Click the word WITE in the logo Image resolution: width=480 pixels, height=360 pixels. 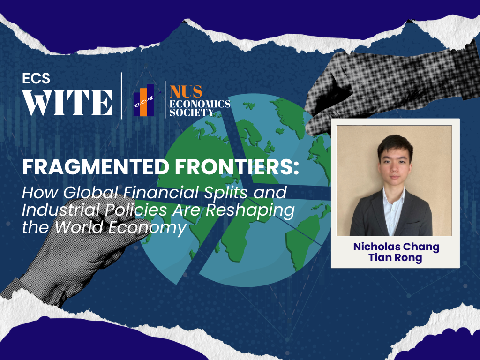(68, 102)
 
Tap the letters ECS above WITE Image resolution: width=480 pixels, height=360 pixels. (36, 78)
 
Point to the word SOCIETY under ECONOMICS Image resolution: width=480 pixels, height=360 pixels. (192, 112)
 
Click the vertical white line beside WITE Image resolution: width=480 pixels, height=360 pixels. (122, 96)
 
